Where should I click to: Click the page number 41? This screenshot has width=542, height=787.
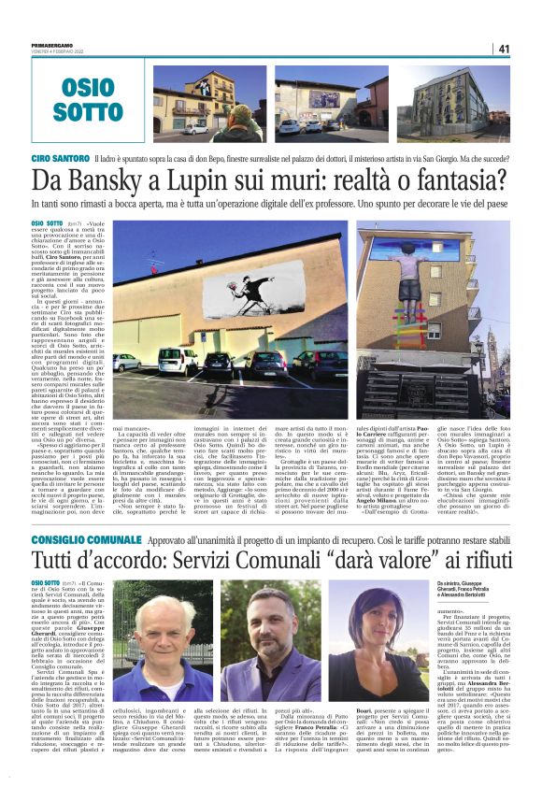coord(504,49)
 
